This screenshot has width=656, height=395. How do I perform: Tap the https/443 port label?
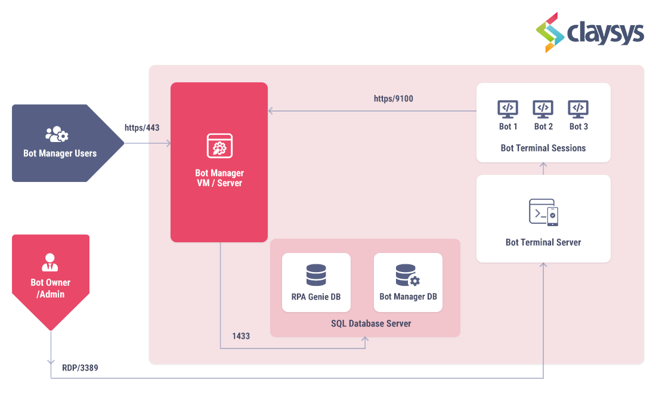click(x=142, y=128)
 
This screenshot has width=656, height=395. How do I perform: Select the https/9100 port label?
click(x=393, y=98)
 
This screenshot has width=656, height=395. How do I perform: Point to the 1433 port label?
click(x=241, y=336)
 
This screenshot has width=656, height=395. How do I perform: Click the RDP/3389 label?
click(x=80, y=368)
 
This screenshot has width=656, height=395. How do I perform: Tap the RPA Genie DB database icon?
click(x=316, y=275)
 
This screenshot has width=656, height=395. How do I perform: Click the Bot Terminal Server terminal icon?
click(x=543, y=212)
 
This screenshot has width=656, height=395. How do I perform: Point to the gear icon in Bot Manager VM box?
click(x=219, y=146)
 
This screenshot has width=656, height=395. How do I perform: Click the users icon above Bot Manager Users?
click(x=57, y=134)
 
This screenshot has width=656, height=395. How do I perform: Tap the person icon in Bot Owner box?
click(x=50, y=262)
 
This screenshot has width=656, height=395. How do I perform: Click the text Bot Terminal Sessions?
click(x=543, y=148)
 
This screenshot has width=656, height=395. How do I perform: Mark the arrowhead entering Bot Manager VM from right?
click(x=271, y=110)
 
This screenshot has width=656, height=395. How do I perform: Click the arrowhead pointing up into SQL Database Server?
click(x=365, y=340)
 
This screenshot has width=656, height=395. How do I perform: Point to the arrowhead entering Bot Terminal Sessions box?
click(x=543, y=165)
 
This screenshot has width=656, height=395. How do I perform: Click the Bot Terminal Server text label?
click(x=543, y=242)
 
